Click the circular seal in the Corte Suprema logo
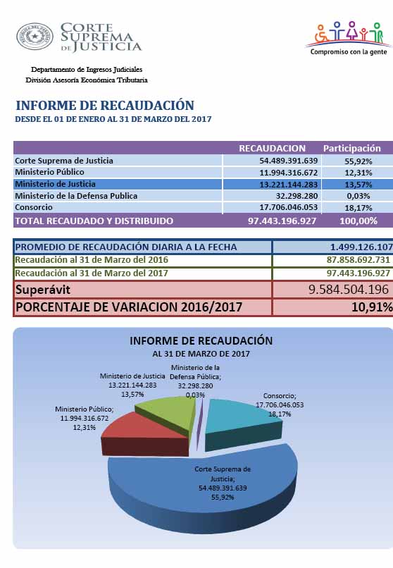[x=35, y=37]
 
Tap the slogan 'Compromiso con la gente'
[x=349, y=52]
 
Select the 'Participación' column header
[x=351, y=148]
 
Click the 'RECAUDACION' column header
[x=272, y=148]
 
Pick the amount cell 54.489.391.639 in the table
[x=289, y=161]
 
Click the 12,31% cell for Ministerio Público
[x=358, y=173]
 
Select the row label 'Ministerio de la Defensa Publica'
[x=76, y=196]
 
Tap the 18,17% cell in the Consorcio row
[x=358, y=208]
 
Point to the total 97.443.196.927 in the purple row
[x=282, y=221]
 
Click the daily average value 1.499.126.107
[x=361, y=247]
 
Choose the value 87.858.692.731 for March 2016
[x=358, y=260]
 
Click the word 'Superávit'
[x=43, y=290]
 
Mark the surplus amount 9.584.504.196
[x=349, y=290]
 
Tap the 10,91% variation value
[x=372, y=307]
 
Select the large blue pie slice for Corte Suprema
[x=203, y=493]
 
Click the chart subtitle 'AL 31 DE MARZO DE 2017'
[x=201, y=354]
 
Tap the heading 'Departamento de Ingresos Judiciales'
[x=87, y=70]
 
